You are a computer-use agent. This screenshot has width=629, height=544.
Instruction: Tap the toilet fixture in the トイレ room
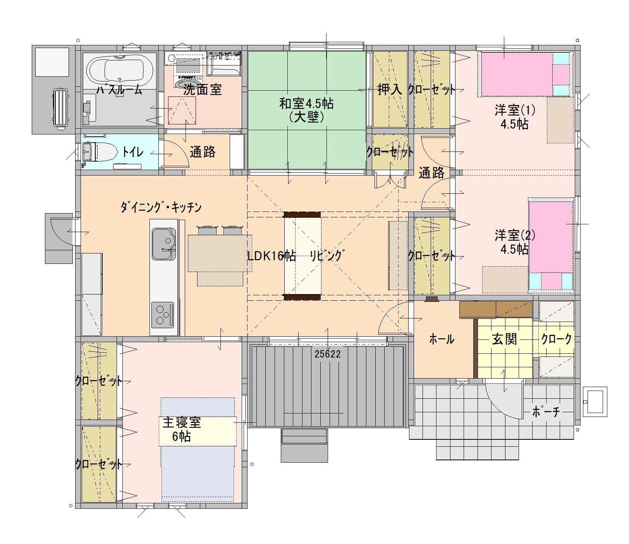pos(99,151)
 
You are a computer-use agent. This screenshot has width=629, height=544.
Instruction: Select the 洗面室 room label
pos(202,90)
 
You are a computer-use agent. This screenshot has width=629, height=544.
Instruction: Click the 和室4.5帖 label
pos(306,104)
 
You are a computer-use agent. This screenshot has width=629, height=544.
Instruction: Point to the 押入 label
pos(390,90)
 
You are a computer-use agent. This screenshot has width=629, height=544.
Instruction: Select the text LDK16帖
pos(272,256)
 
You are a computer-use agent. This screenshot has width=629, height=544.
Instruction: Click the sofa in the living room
pos(302,256)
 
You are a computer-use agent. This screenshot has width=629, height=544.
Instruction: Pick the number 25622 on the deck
pos(327,354)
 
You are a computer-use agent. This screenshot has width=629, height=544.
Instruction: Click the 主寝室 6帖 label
pos(181,429)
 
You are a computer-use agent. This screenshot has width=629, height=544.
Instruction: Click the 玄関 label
pos(504,339)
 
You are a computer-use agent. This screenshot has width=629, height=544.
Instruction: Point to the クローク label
pos(556,339)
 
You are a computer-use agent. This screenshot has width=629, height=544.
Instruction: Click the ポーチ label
pos(546,411)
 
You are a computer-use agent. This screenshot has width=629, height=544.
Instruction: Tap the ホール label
pos(442,339)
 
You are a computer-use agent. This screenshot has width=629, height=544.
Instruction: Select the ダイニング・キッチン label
pos(161,208)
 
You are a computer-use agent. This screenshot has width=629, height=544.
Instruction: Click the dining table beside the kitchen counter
pos(219,253)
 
